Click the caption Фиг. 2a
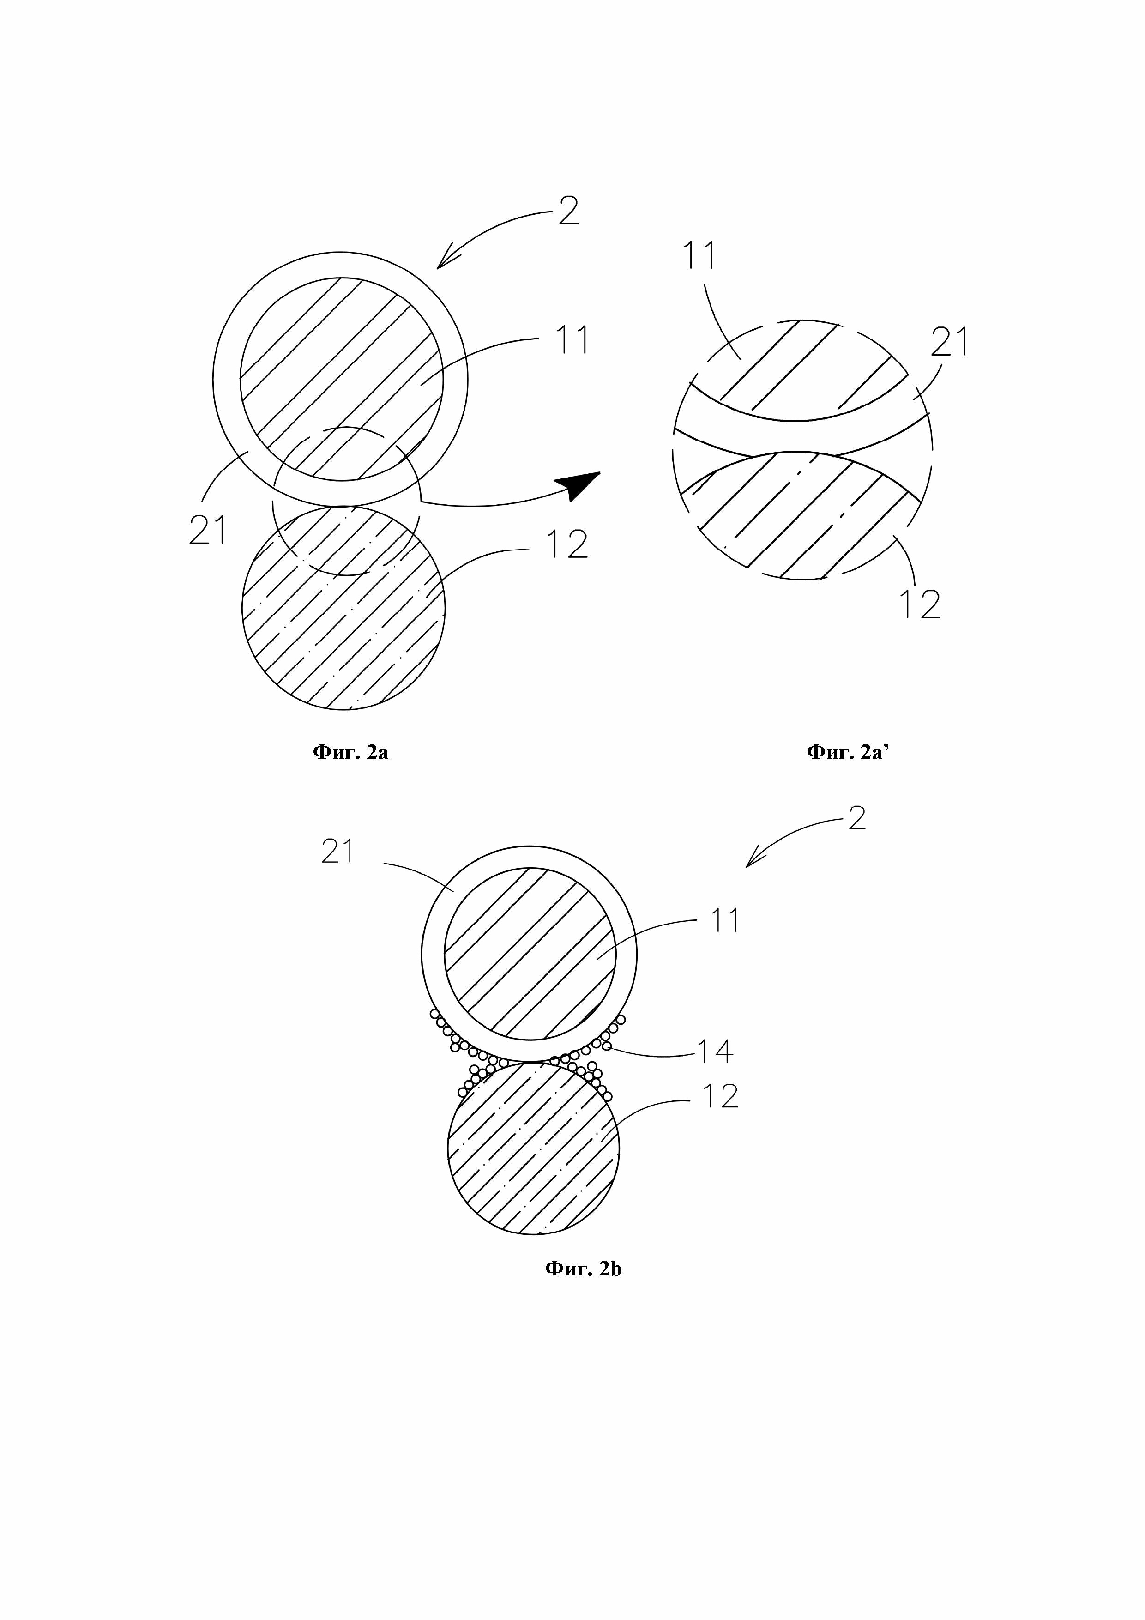pos(350,752)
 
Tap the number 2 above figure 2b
pos(856,818)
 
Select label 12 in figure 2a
pos(567,543)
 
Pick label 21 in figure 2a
pos(208,529)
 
